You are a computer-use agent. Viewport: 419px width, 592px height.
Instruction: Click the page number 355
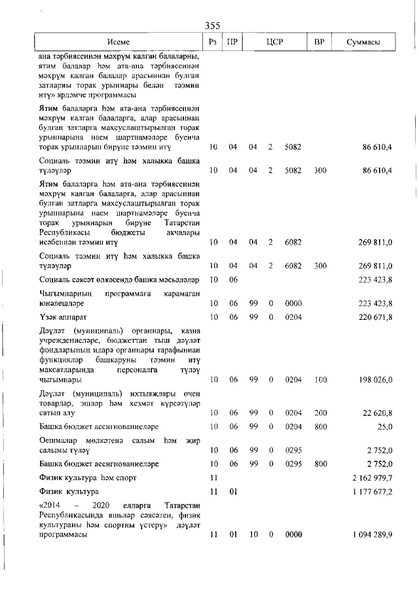point(212,26)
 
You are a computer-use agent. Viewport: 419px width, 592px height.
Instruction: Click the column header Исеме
point(118,43)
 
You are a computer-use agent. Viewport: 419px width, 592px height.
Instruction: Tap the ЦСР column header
point(274,43)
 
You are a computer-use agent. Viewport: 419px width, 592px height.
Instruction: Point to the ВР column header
point(319,43)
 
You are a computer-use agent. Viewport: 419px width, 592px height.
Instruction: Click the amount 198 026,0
point(373,379)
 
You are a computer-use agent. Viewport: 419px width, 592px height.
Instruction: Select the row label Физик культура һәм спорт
point(82,478)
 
